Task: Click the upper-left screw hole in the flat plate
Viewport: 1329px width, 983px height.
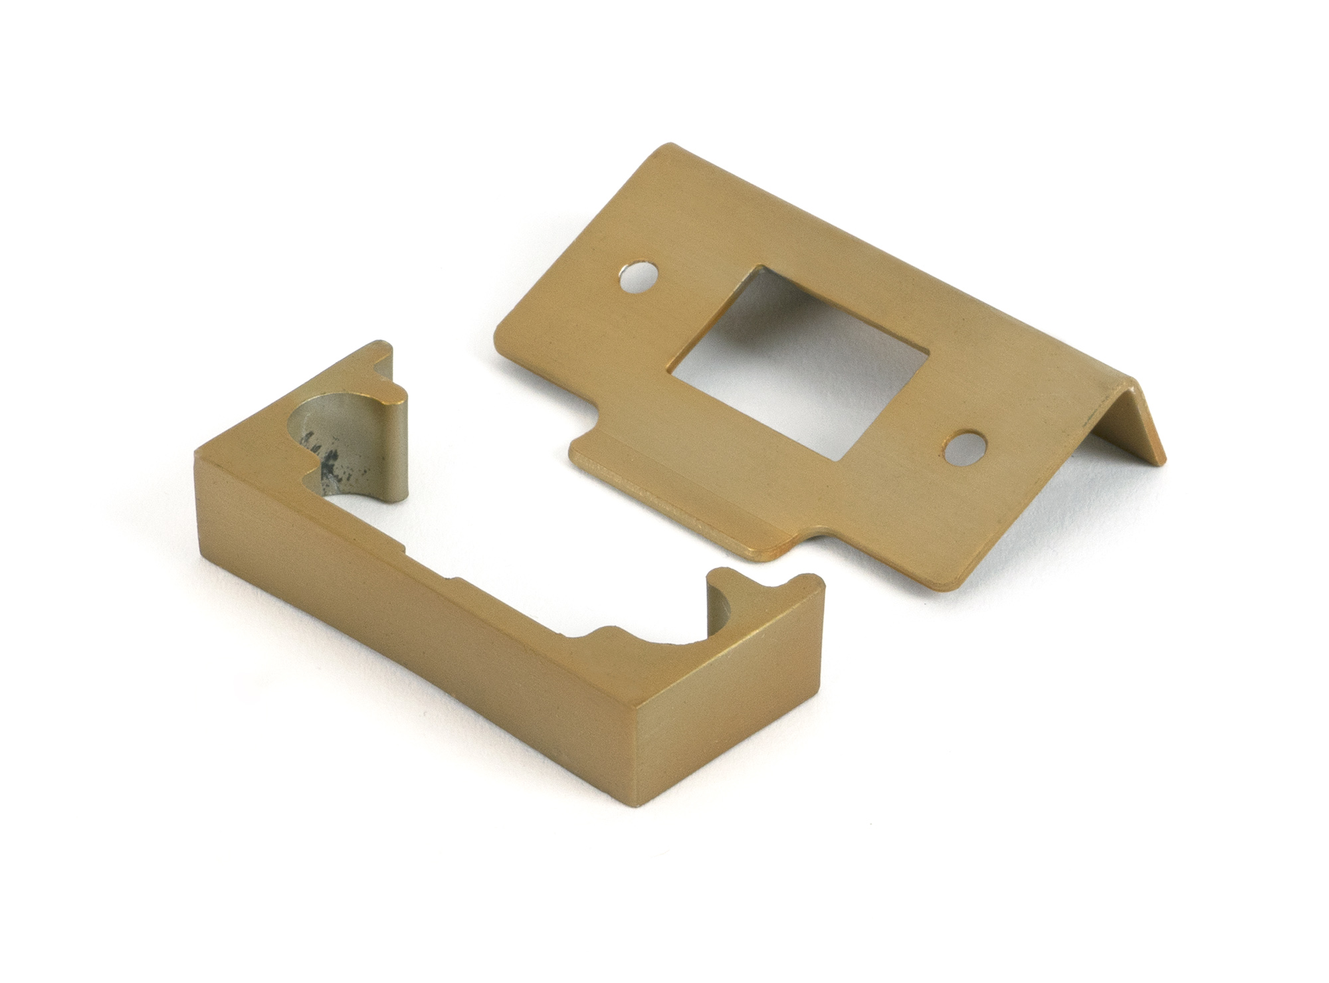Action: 636,277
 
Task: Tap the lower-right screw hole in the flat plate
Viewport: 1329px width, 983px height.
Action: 965,450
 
